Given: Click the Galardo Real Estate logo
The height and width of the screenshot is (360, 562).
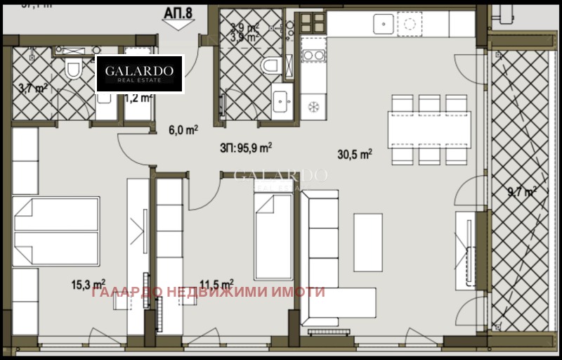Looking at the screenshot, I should [139, 73].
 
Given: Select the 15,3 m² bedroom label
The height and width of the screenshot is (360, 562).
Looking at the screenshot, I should [89, 285].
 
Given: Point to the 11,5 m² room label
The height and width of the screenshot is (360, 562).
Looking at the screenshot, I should [216, 285].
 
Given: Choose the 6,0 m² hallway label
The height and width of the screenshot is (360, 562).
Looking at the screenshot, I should [183, 129].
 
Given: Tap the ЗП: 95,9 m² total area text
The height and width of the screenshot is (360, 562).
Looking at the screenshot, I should [245, 148].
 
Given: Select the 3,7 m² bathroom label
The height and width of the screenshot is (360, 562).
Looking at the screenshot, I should [33, 89].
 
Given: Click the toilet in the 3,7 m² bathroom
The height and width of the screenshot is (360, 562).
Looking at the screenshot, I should [72, 69].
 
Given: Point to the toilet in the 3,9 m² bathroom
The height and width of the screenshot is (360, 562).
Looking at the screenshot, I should [269, 65].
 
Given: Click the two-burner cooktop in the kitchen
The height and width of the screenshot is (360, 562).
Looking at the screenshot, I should [312, 53].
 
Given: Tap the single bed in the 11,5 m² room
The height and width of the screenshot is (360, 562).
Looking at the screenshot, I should [272, 236].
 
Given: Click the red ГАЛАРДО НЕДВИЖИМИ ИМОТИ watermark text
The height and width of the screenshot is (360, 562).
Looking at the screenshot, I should [208, 292].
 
